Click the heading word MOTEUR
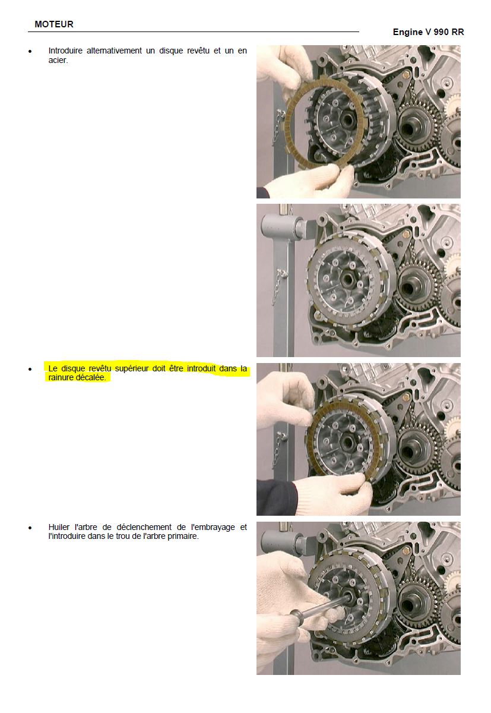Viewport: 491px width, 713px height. click(x=54, y=24)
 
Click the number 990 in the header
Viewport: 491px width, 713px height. click(x=441, y=32)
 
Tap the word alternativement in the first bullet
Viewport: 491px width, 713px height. click(x=114, y=51)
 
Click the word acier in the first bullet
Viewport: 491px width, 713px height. click(x=58, y=60)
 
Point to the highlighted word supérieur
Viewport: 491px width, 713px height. click(x=132, y=369)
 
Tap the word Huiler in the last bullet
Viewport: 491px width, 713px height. click(x=59, y=527)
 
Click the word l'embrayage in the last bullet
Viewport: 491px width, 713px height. click(x=213, y=528)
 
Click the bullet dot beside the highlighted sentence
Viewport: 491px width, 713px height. click(x=30, y=369)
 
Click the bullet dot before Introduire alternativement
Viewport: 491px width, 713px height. click(x=30, y=51)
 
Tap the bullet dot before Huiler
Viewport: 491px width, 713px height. click(x=30, y=528)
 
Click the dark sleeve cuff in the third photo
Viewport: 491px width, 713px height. click(x=276, y=497)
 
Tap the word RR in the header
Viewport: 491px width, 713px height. click(x=458, y=32)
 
